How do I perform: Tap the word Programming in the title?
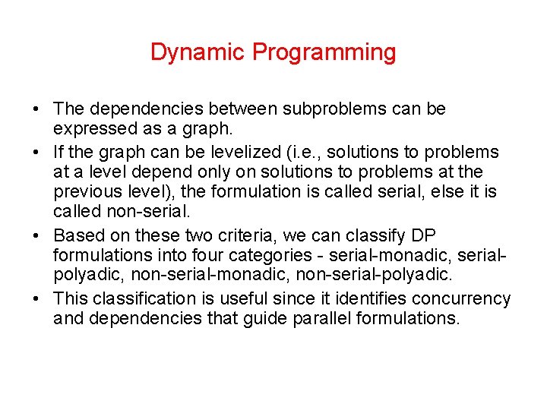click(324, 52)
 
